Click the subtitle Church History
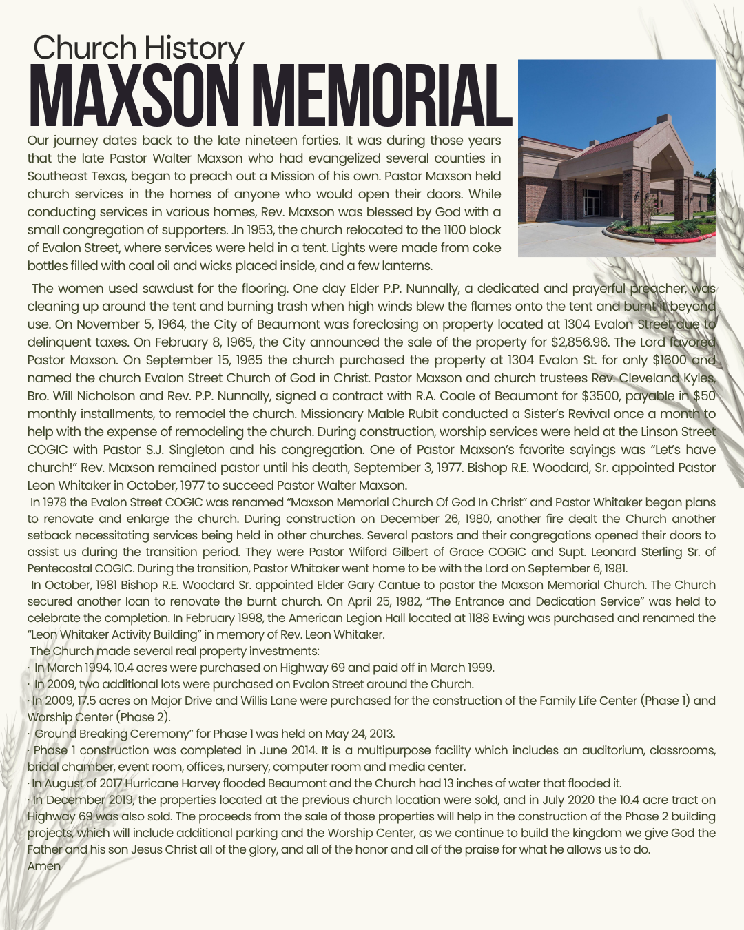138,48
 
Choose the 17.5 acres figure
105,701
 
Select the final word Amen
44,866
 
